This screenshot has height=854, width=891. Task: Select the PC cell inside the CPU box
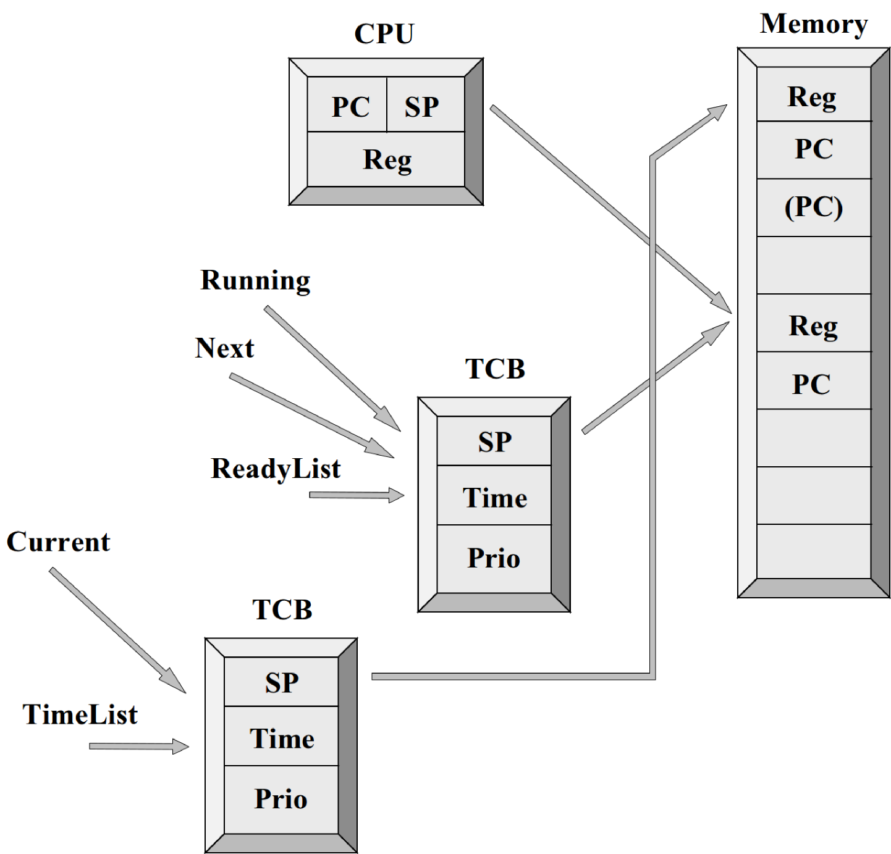[347, 104]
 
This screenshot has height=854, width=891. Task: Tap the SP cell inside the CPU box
[425, 104]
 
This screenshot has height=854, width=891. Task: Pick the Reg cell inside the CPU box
[386, 159]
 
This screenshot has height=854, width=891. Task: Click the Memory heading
[813, 24]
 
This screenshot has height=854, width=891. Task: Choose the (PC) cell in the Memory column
[813, 207]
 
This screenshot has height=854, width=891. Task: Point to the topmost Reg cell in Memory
[813, 94]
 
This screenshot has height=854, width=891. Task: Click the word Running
[255, 281]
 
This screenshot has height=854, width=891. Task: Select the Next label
[224, 348]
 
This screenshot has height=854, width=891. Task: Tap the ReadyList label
[275, 469]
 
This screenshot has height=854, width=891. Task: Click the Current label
[58, 542]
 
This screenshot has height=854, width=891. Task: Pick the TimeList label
[80, 714]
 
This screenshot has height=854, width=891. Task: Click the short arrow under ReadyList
[357, 495]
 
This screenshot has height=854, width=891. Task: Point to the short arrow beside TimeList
[139, 747]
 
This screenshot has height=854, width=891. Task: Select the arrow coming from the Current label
[117, 630]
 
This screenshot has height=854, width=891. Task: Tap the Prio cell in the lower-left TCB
[281, 799]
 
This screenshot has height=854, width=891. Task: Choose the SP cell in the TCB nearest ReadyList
[494, 441]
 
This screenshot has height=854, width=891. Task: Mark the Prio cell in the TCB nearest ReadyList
[494, 558]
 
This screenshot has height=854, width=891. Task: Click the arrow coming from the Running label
[332, 369]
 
